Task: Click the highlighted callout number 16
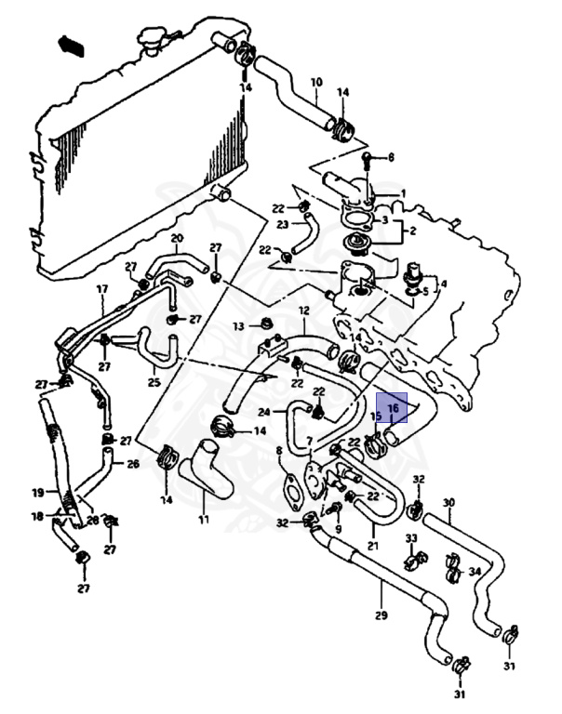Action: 392,407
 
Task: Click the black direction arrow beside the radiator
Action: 68,43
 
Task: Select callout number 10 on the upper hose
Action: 315,83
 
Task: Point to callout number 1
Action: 403,194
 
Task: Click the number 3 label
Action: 385,219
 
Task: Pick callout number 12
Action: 303,311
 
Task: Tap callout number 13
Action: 239,326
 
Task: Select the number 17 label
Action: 103,289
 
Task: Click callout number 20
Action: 177,239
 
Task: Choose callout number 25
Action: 154,381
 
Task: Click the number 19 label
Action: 38,494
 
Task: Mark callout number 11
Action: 203,519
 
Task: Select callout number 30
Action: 448,504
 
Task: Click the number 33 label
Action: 410,538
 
